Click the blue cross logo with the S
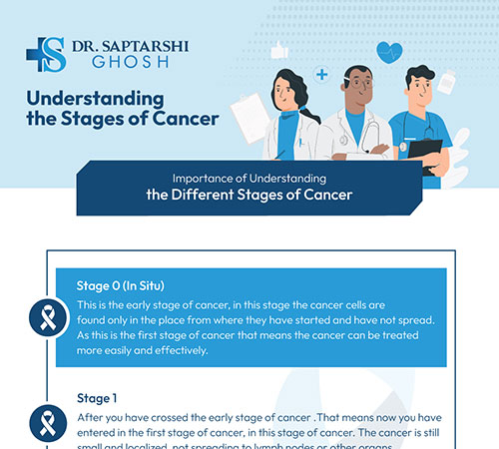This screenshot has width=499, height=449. (47, 55)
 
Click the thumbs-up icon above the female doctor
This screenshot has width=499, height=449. (278, 48)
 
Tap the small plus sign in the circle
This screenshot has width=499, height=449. (321, 73)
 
